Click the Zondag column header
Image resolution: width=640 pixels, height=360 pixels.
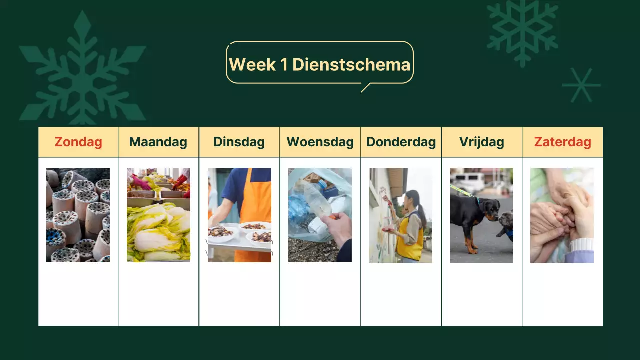pos(78,142)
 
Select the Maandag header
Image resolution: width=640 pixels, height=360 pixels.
pos(158,142)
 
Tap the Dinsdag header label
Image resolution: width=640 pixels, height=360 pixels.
pos(239,142)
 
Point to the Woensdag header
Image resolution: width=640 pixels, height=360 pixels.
pos(320,142)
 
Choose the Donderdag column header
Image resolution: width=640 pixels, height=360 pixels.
pos(401,142)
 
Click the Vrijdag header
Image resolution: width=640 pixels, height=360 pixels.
pos(481,142)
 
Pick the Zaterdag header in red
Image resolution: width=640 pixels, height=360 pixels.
pos(562,142)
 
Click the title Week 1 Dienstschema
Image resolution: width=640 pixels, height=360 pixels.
pos(319,64)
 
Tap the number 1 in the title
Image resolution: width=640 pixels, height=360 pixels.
pos(284,64)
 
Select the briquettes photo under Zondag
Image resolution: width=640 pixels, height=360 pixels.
pos(78,215)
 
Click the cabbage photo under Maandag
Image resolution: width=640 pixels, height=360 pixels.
pos(158,215)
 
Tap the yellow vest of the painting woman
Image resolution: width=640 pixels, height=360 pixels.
pos(410,240)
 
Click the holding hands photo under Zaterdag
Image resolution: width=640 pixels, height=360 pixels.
pos(562,215)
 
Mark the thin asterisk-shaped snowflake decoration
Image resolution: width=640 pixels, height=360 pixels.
pos(581,85)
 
